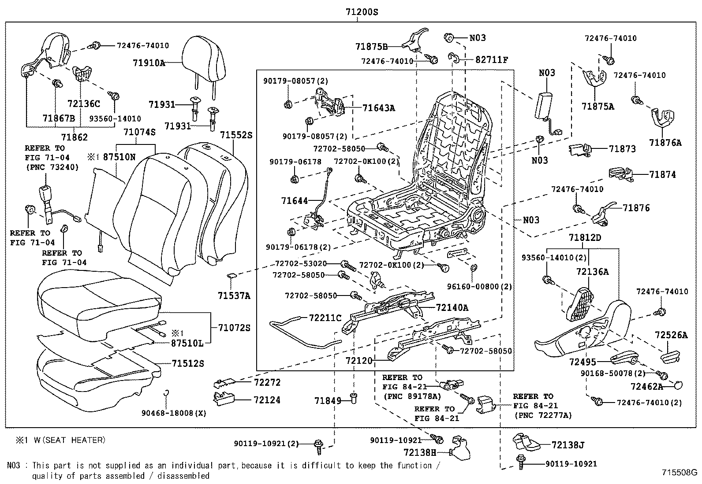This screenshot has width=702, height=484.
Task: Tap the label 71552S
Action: tap(236, 135)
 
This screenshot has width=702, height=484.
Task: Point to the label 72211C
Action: tap(325, 318)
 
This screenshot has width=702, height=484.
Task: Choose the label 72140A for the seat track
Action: tap(452, 308)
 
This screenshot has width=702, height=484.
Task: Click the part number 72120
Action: tap(359, 361)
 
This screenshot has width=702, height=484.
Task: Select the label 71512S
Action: tap(188, 363)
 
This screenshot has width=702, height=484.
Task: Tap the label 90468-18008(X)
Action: tap(174, 413)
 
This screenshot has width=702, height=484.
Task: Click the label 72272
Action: tap(267, 382)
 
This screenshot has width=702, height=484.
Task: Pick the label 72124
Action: tap(267, 400)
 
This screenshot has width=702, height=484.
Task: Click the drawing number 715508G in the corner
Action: tap(679, 473)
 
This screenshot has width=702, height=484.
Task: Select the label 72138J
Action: tap(568, 445)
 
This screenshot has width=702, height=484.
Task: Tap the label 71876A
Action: tap(665, 142)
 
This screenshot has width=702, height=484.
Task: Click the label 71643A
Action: tap(378, 107)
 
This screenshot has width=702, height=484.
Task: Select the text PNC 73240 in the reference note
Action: tap(52, 167)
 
